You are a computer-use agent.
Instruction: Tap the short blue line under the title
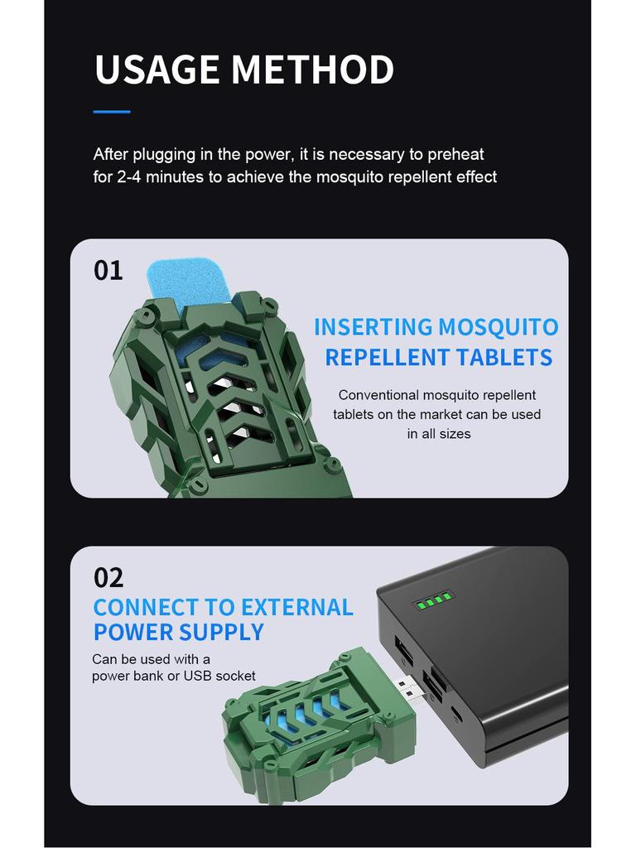click(112, 111)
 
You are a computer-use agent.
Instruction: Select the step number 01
click(108, 270)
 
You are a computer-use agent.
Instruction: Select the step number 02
click(108, 576)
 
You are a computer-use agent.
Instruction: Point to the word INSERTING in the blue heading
click(373, 327)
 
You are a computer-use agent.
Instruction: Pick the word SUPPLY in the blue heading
click(222, 632)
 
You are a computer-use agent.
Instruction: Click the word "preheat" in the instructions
click(455, 154)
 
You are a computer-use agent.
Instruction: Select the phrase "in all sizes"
click(438, 434)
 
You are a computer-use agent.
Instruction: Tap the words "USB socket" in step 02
click(219, 676)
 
